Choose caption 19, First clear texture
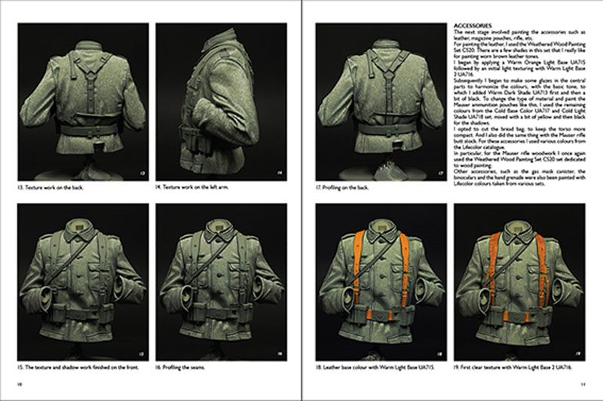click(x=510, y=368)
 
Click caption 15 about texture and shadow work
click(x=72, y=368)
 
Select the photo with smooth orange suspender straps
click(x=379, y=280)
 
